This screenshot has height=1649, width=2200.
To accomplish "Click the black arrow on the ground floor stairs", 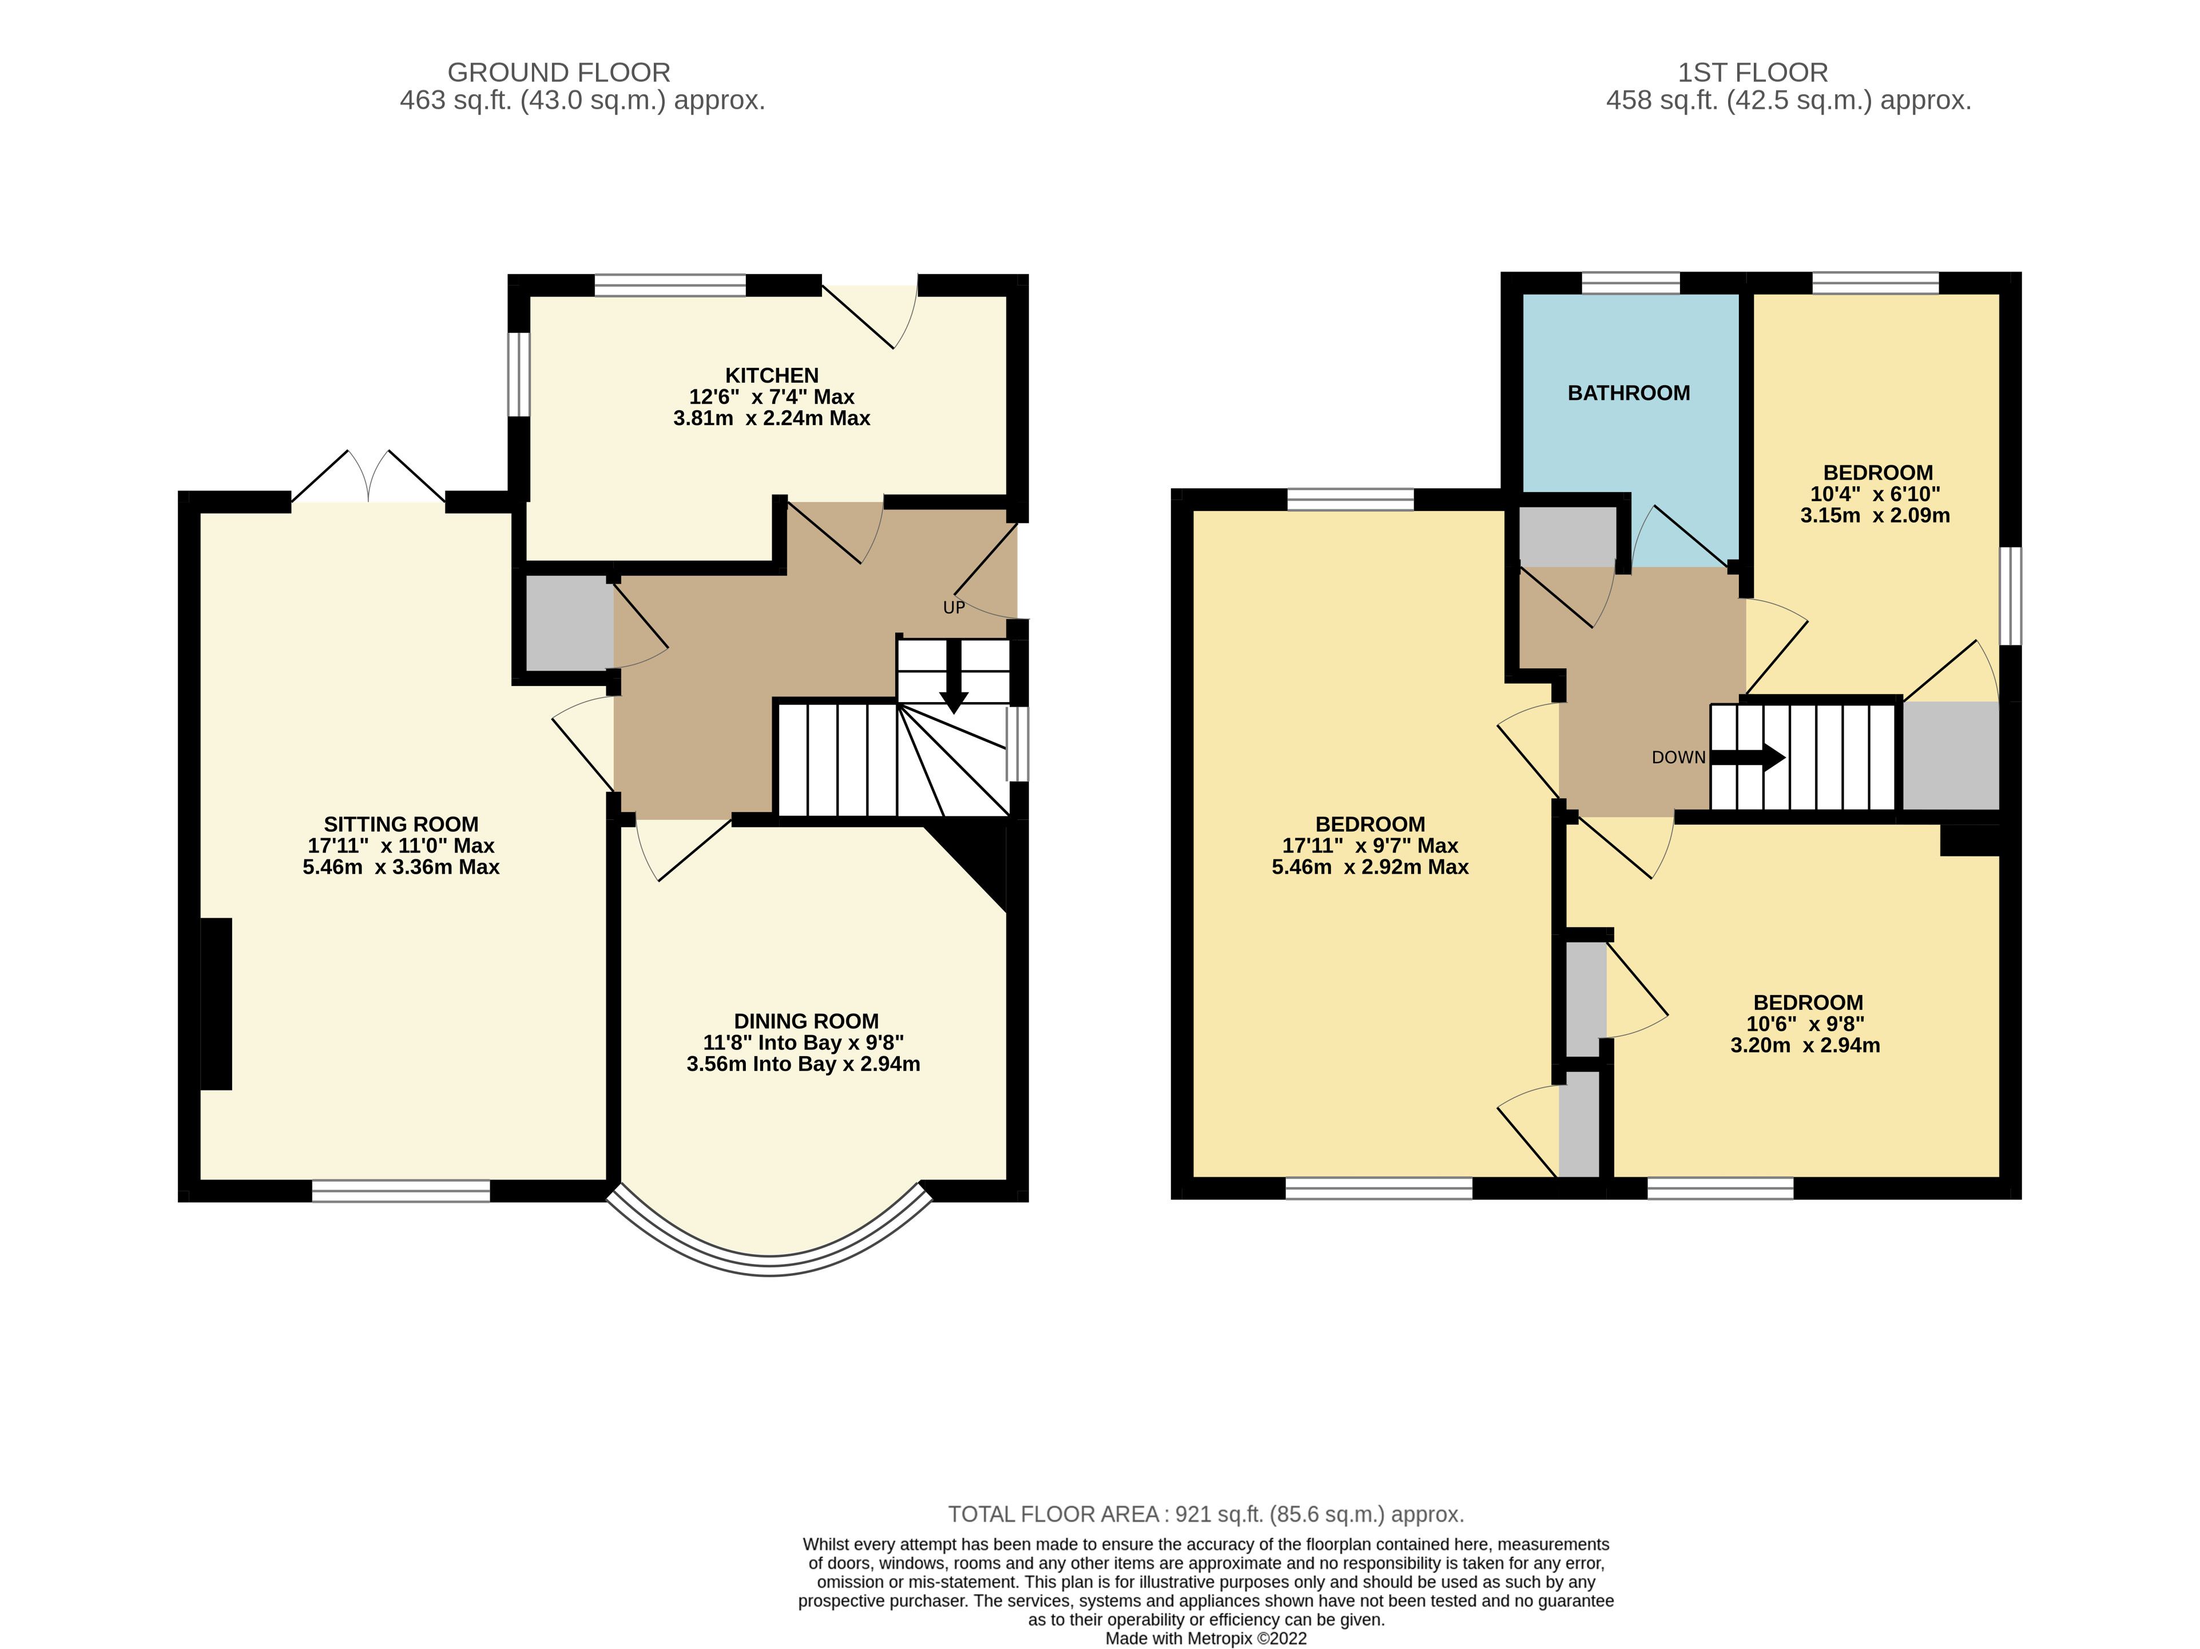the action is point(954,677).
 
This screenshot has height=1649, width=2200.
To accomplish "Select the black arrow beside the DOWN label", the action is point(1748,758).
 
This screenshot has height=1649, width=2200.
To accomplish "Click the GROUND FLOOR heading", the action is point(559,73).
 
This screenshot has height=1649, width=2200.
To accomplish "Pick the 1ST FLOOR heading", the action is point(1753,73).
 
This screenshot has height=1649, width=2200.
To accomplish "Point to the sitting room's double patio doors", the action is point(368,477).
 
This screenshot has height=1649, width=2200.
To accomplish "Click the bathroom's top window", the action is point(1630,283).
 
